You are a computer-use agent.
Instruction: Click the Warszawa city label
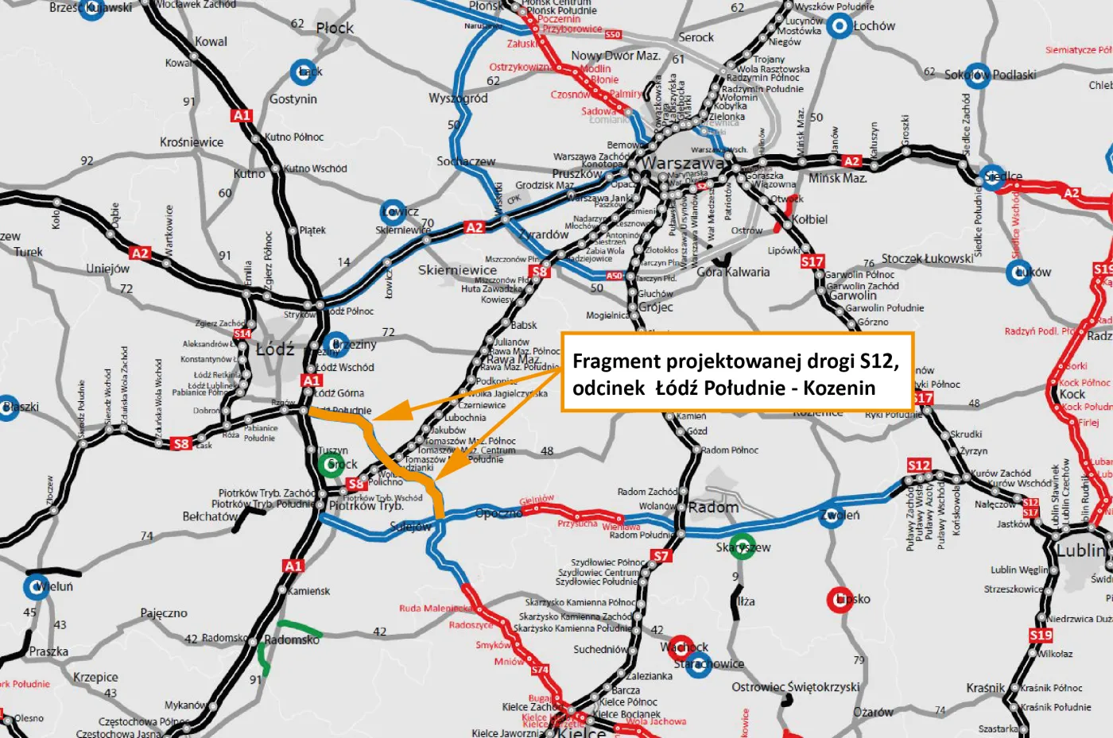click(x=683, y=164)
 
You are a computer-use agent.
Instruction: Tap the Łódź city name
click(x=275, y=349)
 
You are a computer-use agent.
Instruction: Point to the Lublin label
click(x=1080, y=550)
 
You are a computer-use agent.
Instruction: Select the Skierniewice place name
click(x=457, y=270)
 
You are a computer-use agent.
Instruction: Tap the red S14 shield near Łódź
click(x=242, y=334)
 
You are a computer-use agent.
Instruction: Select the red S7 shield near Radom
click(x=661, y=556)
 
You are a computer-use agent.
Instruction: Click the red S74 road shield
click(x=540, y=670)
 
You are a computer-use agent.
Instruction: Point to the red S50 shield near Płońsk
click(x=612, y=35)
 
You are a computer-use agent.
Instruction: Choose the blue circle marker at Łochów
click(x=839, y=26)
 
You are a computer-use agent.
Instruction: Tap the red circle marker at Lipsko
click(x=840, y=600)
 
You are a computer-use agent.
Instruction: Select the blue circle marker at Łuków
click(x=1019, y=272)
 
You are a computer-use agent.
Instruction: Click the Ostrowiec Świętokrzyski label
click(x=795, y=687)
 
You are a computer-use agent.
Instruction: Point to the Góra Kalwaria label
click(x=733, y=272)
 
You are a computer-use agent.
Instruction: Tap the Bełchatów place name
click(x=210, y=516)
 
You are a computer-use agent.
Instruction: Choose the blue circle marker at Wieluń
click(x=37, y=587)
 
